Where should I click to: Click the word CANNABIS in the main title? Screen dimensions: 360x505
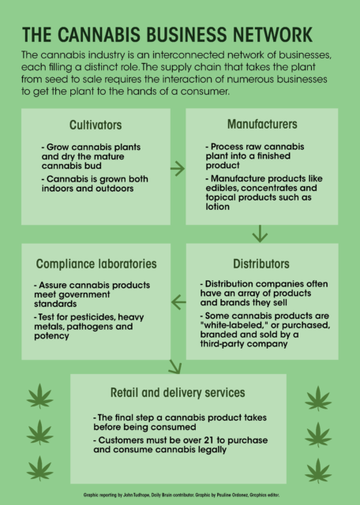click(99, 35)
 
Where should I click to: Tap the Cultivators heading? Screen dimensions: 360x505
click(96, 125)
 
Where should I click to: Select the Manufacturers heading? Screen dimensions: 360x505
click(262, 124)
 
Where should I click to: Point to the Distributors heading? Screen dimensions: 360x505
click(261, 264)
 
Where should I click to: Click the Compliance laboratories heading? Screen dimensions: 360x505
click(96, 264)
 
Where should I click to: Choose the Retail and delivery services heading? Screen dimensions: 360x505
click(178, 393)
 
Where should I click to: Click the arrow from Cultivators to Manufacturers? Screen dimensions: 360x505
click(178, 169)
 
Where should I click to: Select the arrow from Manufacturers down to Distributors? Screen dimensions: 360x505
click(260, 234)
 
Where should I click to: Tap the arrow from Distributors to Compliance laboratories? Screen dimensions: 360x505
click(178, 302)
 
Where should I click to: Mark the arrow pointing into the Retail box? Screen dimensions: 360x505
click(175, 367)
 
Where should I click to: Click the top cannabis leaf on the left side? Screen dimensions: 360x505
click(39, 396)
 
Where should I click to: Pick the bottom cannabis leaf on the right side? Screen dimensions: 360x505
click(318, 470)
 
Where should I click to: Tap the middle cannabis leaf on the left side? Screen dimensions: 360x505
click(39, 432)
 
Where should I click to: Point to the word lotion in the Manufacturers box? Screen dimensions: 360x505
click(218, 207)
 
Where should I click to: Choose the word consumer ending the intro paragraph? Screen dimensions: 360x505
click(205, 92)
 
